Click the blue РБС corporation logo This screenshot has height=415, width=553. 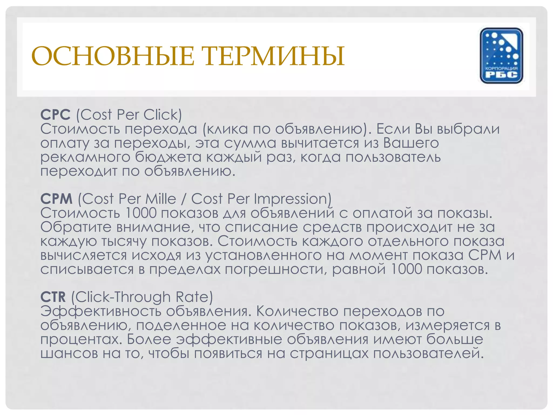click(x=501, y=55)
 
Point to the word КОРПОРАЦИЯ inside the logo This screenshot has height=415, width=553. click(x=501, y=68)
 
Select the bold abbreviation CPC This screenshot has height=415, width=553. click(x=55, y=115)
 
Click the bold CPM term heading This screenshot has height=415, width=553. click(x=56, y=199)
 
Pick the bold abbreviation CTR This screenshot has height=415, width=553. click(x=53, y=297)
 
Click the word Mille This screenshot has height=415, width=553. click(x=160, y=199)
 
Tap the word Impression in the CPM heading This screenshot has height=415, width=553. click(x=291, y=199)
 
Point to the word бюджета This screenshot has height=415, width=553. click(x=168, y=157)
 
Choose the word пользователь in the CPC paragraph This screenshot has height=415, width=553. click(x=393, y=157)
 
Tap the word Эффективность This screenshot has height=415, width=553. click(x=100, y=311)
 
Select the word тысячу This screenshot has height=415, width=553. click(x=124, y=242)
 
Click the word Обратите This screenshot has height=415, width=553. click(x=76, y=227)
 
